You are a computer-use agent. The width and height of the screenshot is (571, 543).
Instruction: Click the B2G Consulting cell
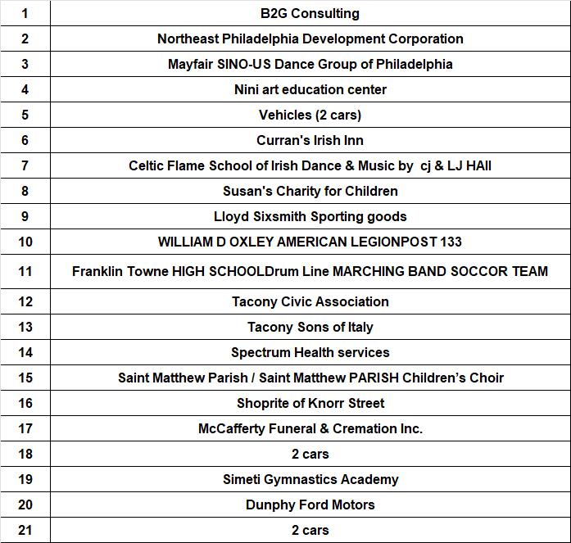coord(310,13)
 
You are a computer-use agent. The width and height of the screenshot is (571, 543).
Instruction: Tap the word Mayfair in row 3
coord(190,64)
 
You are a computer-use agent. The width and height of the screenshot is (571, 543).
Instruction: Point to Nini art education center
coord(310,89)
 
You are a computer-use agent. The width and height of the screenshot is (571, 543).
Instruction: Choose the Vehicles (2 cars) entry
coord(310,115)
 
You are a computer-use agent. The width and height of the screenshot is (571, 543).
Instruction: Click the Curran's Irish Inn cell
coord(310,140)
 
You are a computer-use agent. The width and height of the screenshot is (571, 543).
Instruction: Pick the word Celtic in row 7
coord(147,165)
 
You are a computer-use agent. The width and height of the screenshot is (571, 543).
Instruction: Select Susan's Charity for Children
coord(310,191)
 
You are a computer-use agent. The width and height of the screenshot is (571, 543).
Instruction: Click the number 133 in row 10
coord(450,242)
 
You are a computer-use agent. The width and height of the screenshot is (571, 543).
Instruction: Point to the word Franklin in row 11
coord(97,271)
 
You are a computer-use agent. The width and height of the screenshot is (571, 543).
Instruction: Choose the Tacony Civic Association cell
coord(310,301)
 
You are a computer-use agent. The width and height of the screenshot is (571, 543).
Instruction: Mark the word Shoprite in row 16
coord(264,403)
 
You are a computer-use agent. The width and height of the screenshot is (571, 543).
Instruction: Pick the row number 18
coord(25,454)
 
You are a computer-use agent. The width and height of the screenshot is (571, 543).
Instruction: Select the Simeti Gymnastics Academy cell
coord(310,479)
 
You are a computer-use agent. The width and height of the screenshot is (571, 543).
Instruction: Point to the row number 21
coord(25,530)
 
